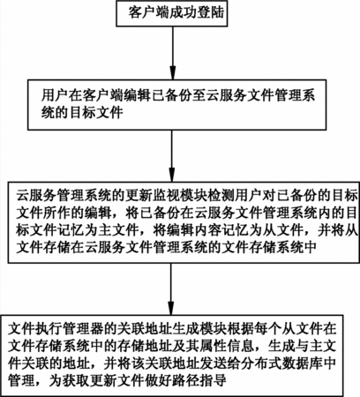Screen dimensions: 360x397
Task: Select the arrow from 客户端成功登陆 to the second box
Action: [173, 53]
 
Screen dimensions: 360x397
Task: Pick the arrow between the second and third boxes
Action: [172, 156]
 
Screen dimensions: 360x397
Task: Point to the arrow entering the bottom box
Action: [171, 288]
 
